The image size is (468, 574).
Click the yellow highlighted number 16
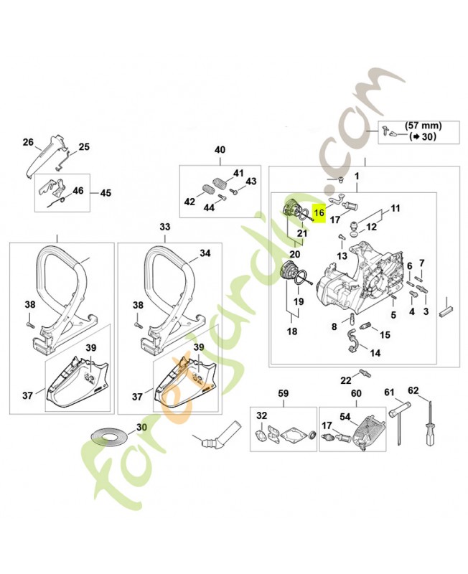(319, 212)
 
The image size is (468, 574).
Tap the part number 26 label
(28, 142)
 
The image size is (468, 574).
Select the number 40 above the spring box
(220, 150)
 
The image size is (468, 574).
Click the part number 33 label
(165, 227)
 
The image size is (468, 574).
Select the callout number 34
(205, 253)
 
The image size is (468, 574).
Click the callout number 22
(345, 380)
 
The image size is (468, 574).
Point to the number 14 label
(375, 354)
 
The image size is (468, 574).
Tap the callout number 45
(106, 193)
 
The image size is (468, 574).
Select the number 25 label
(84, 147)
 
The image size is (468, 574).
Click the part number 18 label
(292, 331)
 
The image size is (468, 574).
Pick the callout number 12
(372, 227)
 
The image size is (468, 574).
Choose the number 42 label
(189, 202)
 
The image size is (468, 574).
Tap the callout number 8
(334, 326)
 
